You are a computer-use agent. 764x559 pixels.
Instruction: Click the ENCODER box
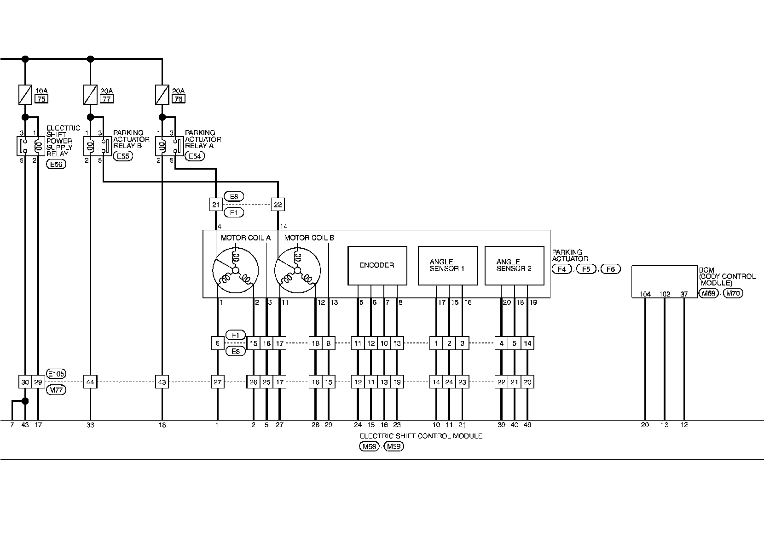click(x=377, y=266)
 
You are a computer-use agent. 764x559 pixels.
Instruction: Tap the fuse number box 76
click(x=179, y=99)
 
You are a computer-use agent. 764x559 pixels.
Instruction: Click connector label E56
click(x=56, y=164)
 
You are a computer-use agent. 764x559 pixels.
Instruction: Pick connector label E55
click(x=123, y=156)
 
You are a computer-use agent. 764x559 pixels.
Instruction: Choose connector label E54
click(x=195, y=156)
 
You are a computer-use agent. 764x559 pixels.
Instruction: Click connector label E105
click(x=56, y=374)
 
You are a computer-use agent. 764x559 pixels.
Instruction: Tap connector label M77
click(x=56, y=390)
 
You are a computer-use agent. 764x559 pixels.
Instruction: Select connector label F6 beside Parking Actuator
click(x=610, y=269)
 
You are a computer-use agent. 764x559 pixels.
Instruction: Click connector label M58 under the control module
click(x=369, y=446)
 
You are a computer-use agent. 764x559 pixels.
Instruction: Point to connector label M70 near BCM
click(x=733, y=293)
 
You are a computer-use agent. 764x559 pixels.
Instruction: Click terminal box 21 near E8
click(x=216, y=205)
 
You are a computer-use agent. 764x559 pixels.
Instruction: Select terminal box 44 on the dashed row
click(x=90, y=382)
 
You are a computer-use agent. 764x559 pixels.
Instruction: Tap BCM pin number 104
click(x=645, y=294)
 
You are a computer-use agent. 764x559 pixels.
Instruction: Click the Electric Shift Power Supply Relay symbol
click(x=30, y=146)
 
